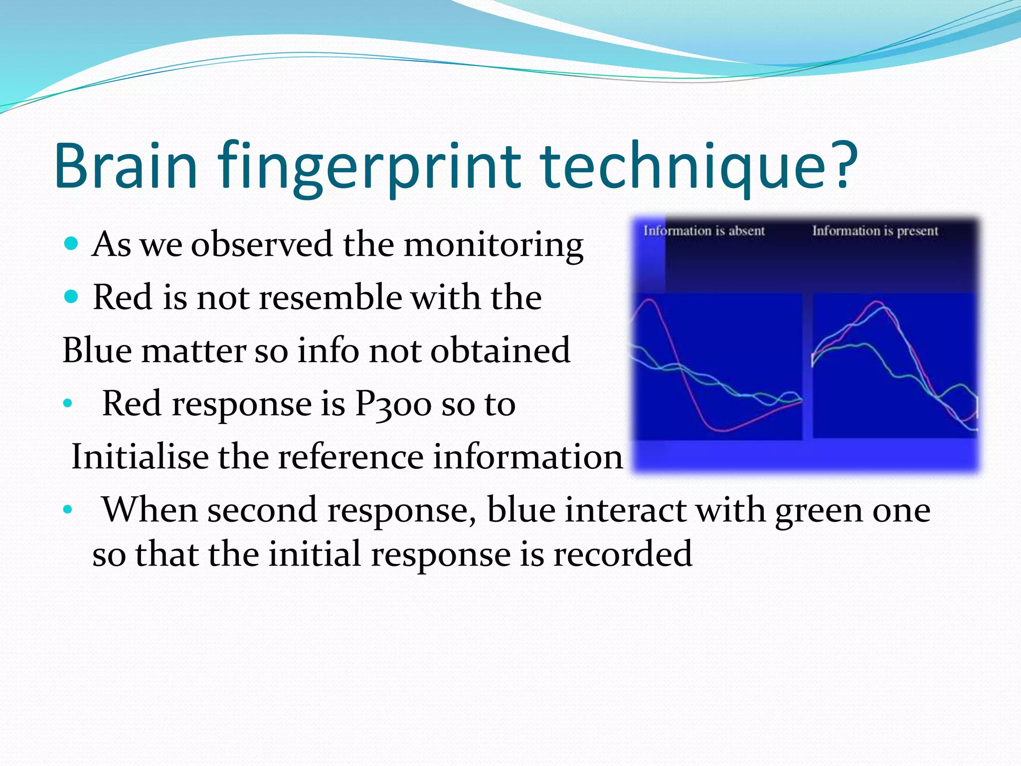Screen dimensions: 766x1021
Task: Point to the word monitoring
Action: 493,245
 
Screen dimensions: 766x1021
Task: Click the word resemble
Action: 329,298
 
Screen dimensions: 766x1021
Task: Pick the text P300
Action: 393,404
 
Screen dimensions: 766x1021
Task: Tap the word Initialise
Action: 140,457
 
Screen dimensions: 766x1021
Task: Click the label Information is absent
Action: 703,231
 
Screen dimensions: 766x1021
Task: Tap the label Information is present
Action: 875,231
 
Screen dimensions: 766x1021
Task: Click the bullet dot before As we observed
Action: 72,244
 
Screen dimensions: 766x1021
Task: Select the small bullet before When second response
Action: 68,510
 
